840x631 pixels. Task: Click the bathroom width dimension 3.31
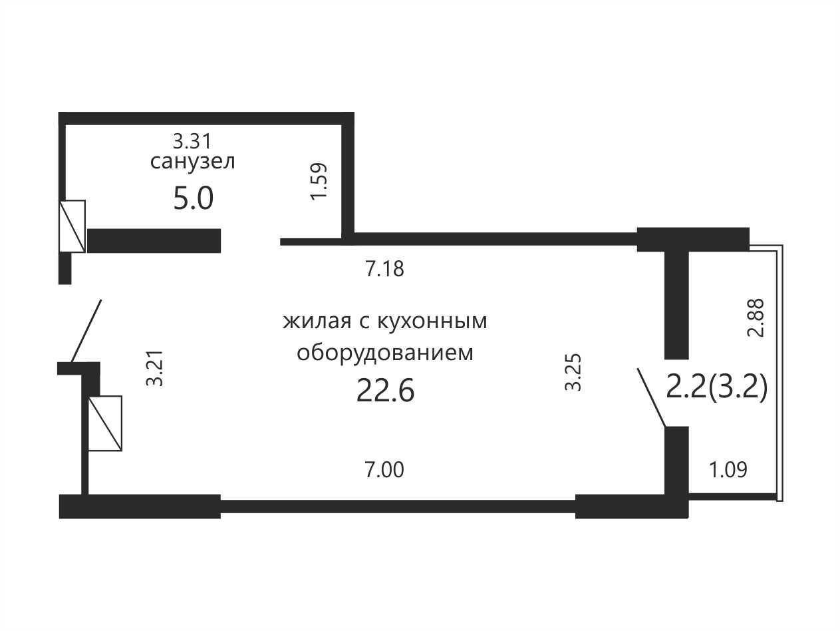pyautogui.click(x=192, y=141)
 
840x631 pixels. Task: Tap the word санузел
pyautogui.click(x=192, y=162)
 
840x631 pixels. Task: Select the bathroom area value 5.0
pyautogui.click(x=194, y=198)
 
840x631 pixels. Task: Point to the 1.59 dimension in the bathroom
pyautogui.click(x=319, y=181)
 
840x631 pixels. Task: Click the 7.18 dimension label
pyautogui.click(x=384, y=269)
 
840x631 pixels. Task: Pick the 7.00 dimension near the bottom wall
pyautogui.click(x=384, y=470)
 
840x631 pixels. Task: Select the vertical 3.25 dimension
pyautogui.click(x=573, y=372)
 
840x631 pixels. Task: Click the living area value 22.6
pyautogui.click(x=385, y=391)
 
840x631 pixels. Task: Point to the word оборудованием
pyautogui.click(x=385, y=353)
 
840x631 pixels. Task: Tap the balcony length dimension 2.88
pyautogui.click(x=756, y=317)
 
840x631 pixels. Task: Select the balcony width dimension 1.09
pyautogui.click(x=728, y=470)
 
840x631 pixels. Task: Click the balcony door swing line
pyautogui.click(x=652, y=397)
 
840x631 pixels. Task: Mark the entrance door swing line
pyautogui.click(x=86, y=331)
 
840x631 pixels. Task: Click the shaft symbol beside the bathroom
pyautogui.click(x=72, y=226)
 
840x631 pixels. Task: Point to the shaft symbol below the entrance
pyautogui.click(x=105, y=423)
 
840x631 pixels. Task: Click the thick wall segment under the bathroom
pyautogui.click(x=154, y=241)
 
